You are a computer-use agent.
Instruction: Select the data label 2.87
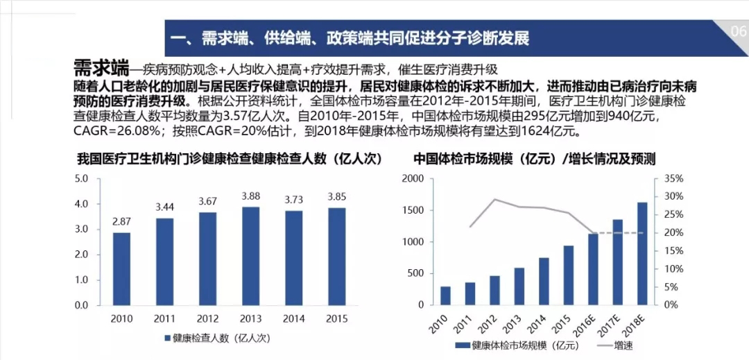tap(121, 221)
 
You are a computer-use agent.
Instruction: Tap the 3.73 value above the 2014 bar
tap(293, 199)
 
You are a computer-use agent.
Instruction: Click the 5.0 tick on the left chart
tap(82, 178)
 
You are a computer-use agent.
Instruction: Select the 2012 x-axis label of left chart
tap(207, 318)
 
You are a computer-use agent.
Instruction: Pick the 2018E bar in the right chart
tap(642, 253)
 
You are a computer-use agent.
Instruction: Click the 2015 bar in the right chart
tap(568, 275)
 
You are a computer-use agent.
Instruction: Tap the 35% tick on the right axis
tap(673, 178)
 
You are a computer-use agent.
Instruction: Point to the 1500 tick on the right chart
tap(413, 210)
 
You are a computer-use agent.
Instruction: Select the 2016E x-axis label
tap(591, 325)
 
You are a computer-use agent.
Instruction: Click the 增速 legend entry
tap(622, 345)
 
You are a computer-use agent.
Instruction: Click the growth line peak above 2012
tap(494, 199)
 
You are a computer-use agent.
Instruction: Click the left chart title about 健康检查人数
tap(230, 158)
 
